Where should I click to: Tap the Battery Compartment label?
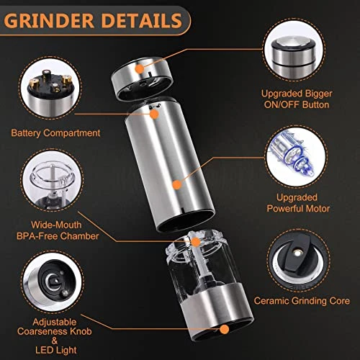55,133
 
